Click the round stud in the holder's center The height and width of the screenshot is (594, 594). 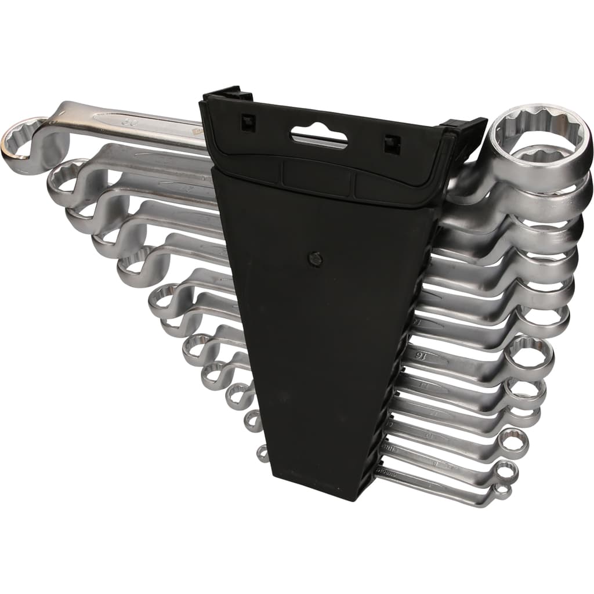[x=315, y=259]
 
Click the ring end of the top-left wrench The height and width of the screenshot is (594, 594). [x=23, y=140]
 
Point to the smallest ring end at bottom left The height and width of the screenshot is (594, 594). [x=263, y=454]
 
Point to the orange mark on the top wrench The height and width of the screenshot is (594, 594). [x=196, y=132]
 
